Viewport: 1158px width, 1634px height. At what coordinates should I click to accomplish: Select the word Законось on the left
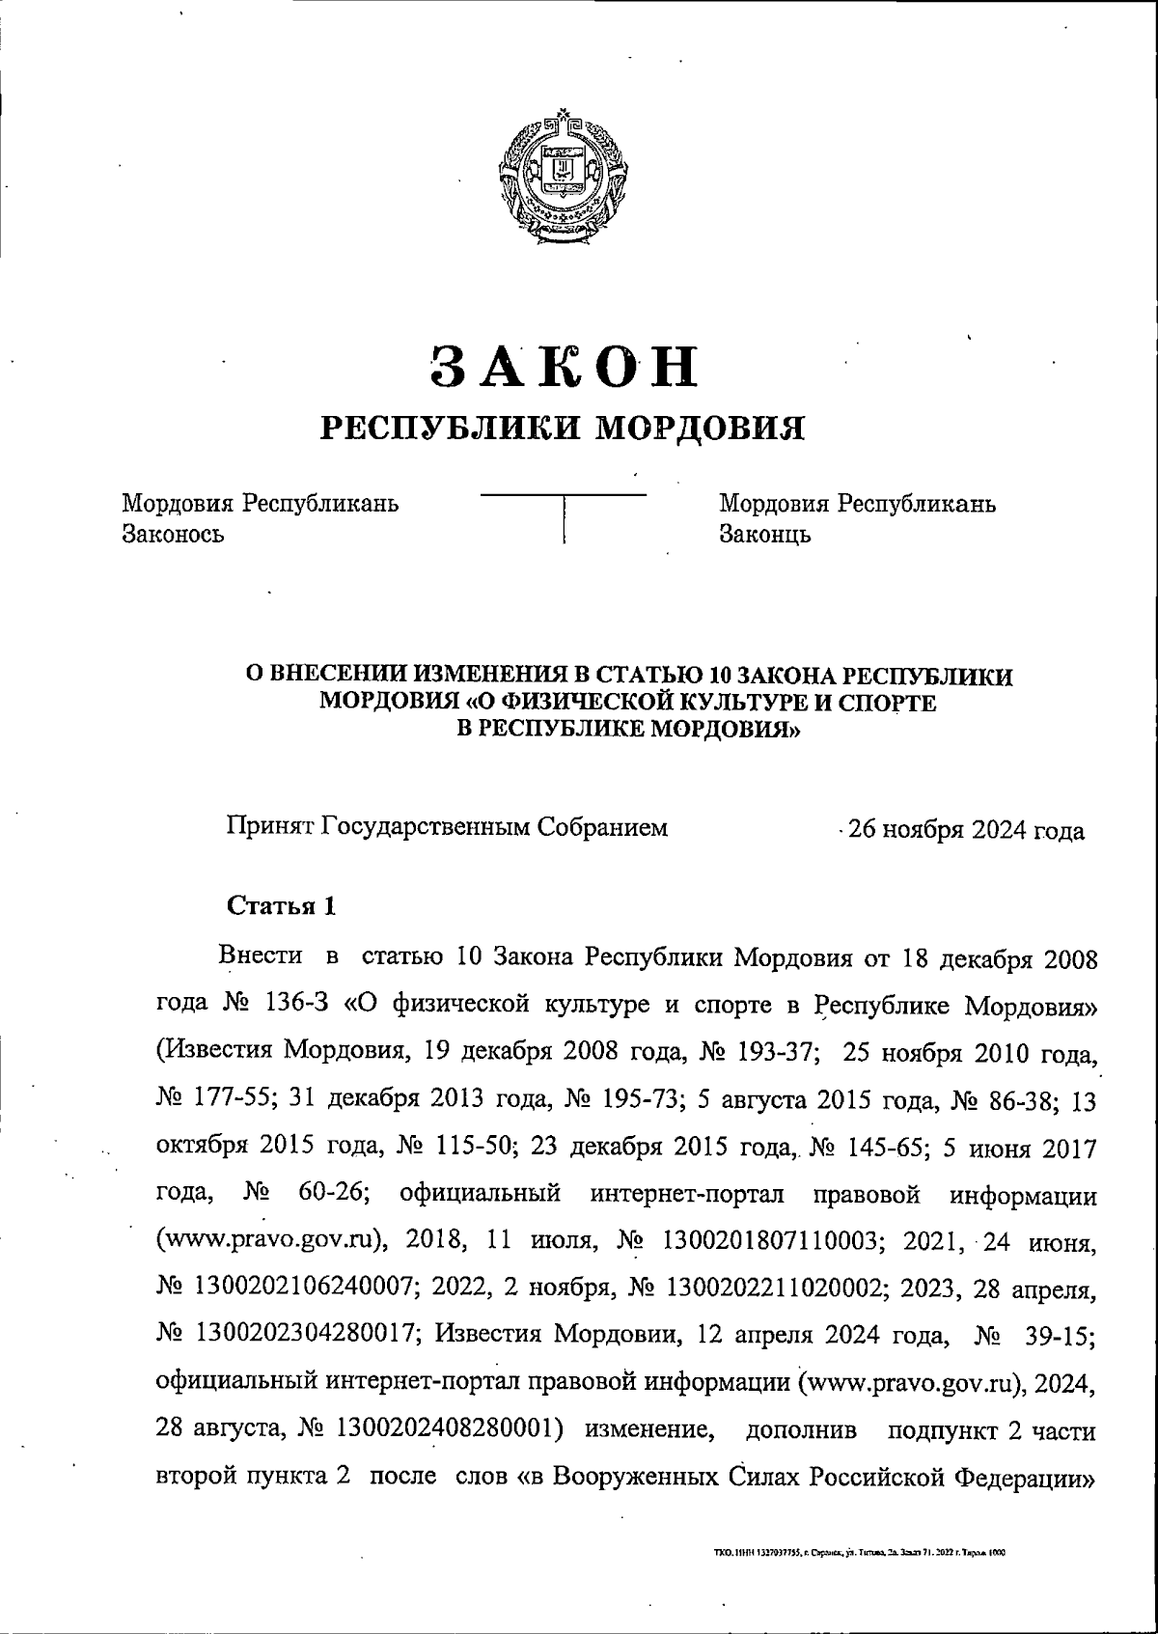tap(173, 534)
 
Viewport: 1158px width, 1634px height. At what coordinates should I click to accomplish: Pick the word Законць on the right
tap(765, 534)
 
